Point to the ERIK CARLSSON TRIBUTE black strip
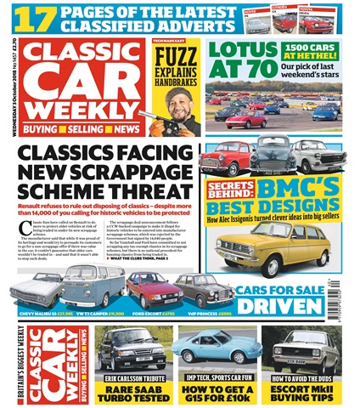click(125, 374)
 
